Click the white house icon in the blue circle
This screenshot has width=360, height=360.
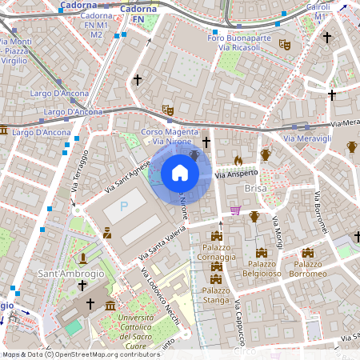(x=180, y=173)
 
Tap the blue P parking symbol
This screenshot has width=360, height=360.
(x=124, y=207)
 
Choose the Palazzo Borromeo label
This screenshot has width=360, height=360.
(x=307, y=269)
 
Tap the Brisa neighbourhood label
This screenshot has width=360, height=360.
(x=255, y=187)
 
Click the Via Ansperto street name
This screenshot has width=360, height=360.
(x=237, y=174)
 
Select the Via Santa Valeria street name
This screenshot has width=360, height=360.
(x=165, y=240)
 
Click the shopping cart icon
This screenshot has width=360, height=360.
(x=235, y=210)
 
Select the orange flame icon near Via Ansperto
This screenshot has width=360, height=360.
(x=238, y=161)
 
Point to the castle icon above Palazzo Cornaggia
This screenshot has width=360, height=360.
(x=216, y=236)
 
